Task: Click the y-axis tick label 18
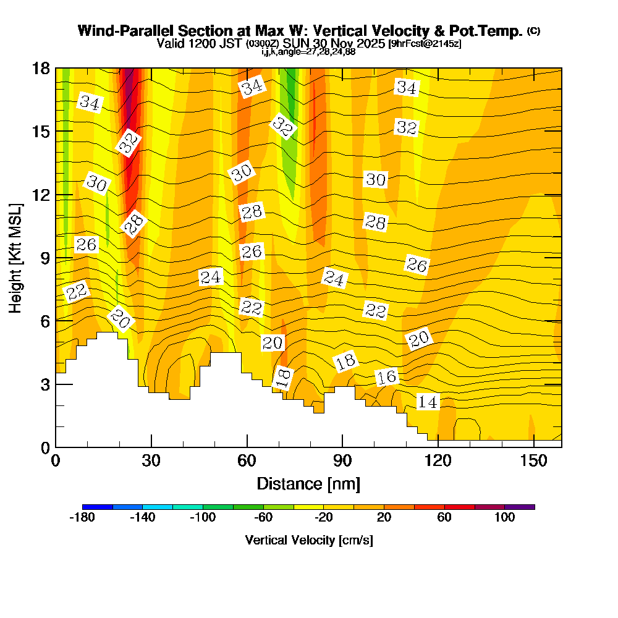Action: click(40, 68)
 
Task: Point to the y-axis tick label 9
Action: click(44, 258)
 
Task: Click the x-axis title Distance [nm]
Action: click(308, 483)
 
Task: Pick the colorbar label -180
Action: click(82, 518)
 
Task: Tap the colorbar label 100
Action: click(504, 518)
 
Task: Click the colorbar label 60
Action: click(444, 518)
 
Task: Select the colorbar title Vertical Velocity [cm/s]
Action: click(308, 540)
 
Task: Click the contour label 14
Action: click(428, 402)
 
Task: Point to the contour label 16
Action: click(387, 377)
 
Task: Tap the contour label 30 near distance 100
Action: click(376, 180)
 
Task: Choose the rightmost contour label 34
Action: click(406, 88)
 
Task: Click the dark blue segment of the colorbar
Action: click(97, 507)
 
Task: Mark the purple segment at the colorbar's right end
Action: click(520, 507)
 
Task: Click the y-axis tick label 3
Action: click(44, 384)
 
